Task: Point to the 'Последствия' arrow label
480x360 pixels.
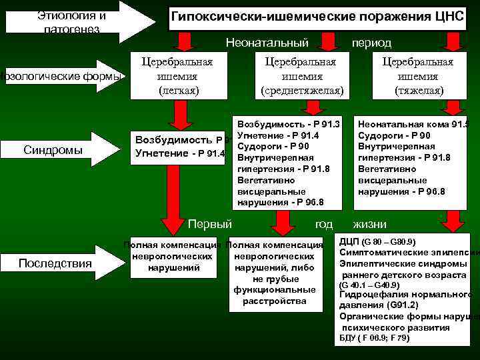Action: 55,263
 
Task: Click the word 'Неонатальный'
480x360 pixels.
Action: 267,43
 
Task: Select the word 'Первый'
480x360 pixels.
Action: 211,224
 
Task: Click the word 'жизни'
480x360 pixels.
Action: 369,224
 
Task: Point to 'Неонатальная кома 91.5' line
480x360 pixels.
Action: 413,124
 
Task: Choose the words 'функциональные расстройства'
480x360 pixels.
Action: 275,295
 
